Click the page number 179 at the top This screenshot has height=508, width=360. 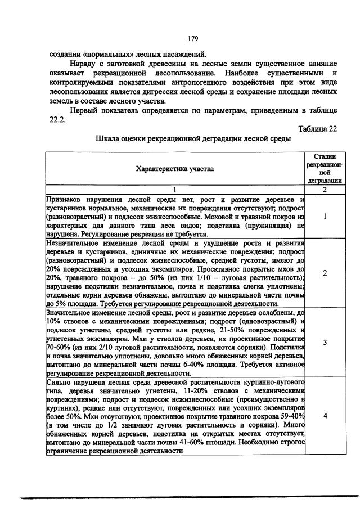(192, 39)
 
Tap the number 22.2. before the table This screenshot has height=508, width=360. (59, 119)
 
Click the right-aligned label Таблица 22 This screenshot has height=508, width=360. (317, 129)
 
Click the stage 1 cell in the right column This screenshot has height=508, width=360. (325, 216)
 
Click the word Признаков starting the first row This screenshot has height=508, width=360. (65, 200)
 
